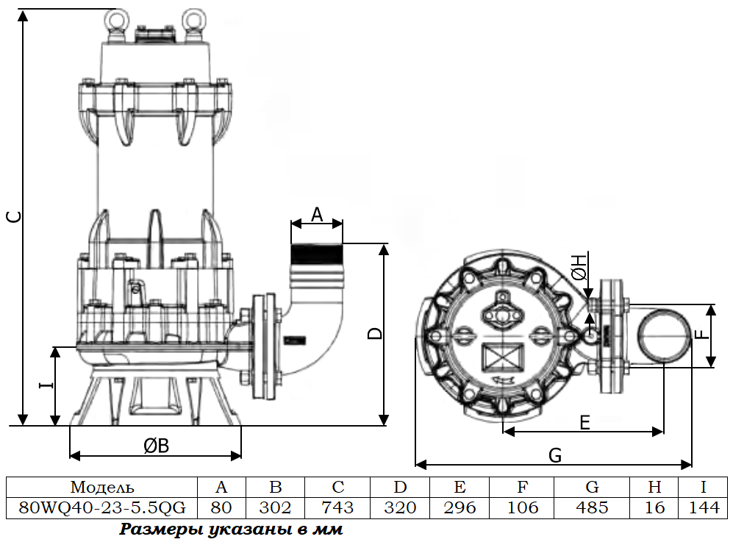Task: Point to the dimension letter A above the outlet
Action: coord(317,214)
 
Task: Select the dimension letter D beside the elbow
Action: coord(376,332)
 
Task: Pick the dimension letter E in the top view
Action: coord(584,422)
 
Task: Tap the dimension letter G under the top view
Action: coord(555,456)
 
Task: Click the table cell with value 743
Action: coord(338,507)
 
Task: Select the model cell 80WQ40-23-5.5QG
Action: coord(102,507)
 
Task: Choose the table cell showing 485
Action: coord(592,507)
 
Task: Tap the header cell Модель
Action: coord(102,487)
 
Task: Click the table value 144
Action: coord(704,507)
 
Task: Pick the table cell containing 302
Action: coord(276,507)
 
